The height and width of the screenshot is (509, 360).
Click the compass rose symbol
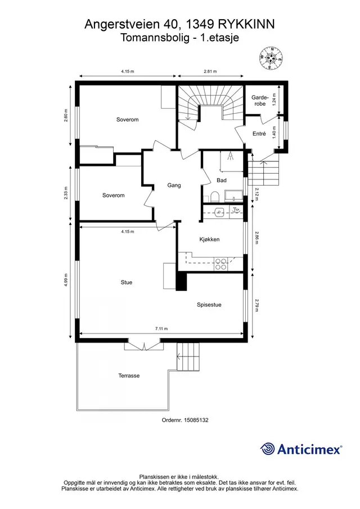pos(271,58)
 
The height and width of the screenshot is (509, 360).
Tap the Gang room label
pos(174,186)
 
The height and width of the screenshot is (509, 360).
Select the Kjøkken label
pos(209,240)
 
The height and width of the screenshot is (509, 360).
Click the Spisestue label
pos(209,305)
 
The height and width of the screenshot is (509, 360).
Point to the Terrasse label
pos(129,376)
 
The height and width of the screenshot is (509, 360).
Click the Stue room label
pos(126,282)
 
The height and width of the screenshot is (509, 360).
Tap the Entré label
pos(259,133)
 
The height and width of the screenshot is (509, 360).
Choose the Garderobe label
pos(260,100)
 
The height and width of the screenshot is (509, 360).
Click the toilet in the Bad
pos(214,197)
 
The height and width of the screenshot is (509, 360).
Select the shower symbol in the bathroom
pos(231,156)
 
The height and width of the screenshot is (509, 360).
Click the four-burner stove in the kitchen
pos(220,264)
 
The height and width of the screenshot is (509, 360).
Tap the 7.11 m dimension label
pos(161,328)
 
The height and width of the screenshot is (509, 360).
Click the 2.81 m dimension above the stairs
pos(210,71)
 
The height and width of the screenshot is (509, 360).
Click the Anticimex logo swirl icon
pos(268,449)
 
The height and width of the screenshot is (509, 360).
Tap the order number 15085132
pos(196,420)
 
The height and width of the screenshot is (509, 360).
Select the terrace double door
pos(143,345)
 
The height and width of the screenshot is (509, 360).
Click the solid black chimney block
pos(182,281)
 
